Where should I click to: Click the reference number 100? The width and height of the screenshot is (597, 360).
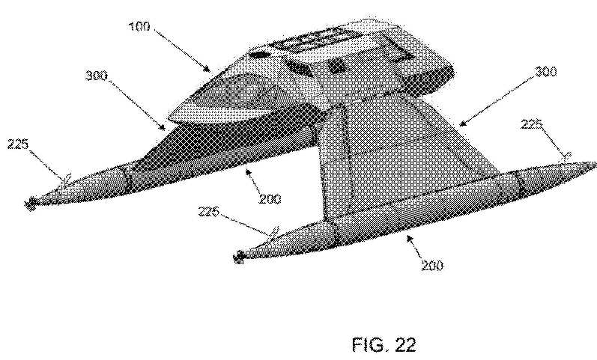pos(139,27)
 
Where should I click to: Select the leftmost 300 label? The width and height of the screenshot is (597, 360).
pos(97,76)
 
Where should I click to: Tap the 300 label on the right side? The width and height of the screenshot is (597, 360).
pos(545,71)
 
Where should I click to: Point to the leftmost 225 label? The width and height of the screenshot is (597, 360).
pos(18,144)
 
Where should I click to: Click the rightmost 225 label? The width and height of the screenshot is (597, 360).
pos(532,124)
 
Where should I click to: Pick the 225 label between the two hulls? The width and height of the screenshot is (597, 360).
pos(209,211)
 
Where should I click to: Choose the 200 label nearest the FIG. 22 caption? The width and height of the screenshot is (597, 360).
pos(432,265)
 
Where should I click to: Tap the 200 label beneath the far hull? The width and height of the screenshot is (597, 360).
pos(270,198)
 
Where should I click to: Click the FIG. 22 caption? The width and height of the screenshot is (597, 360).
pos(384,344)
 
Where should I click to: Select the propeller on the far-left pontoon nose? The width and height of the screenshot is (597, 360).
pos(30,204)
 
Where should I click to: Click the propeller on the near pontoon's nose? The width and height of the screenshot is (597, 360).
pos(239,257)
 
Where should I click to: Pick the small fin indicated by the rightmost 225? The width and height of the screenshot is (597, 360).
pos(568,156)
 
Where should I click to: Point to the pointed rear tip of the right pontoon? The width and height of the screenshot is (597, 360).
pos(595,164)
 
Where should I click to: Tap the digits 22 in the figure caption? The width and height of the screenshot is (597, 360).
pos(405,344)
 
